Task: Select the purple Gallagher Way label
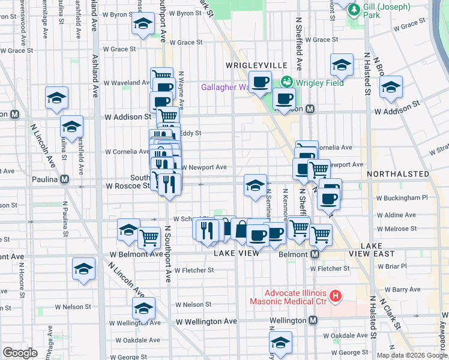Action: [225, 87]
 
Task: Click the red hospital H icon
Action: [336, 296]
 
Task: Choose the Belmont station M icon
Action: [315, 254]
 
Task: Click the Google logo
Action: [20, 353]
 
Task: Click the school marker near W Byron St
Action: [142, 24]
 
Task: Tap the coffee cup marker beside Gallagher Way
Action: [260, 82]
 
